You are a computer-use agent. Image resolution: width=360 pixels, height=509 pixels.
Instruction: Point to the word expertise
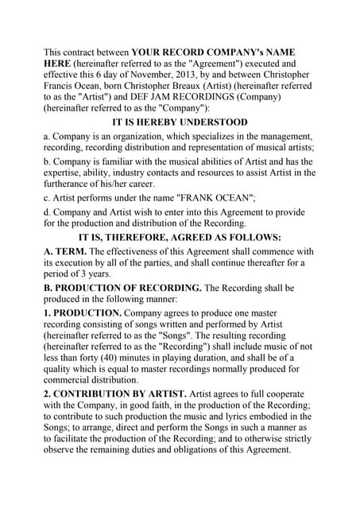coord(67,173)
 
